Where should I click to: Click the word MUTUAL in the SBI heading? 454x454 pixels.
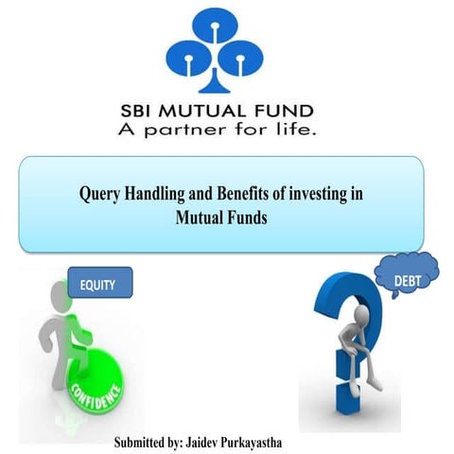click(x=215, y=110)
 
